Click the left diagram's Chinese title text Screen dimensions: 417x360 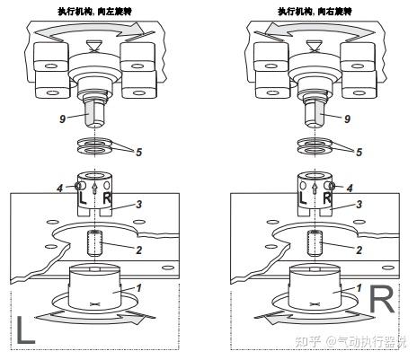click(95, 12)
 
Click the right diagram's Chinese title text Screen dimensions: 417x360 click(315, 12)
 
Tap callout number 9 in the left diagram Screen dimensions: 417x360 click(62, 119)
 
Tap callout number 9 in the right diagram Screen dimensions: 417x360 click(347, 119)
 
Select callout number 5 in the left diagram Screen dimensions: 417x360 click(138, 152)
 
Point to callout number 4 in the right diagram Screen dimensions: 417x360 click(350, 189)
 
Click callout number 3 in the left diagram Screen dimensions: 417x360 click(138, 205)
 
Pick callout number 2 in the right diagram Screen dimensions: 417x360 click(359, 250)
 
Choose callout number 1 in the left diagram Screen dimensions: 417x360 click(138, 288)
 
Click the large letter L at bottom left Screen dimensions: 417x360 click(26, 329)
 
